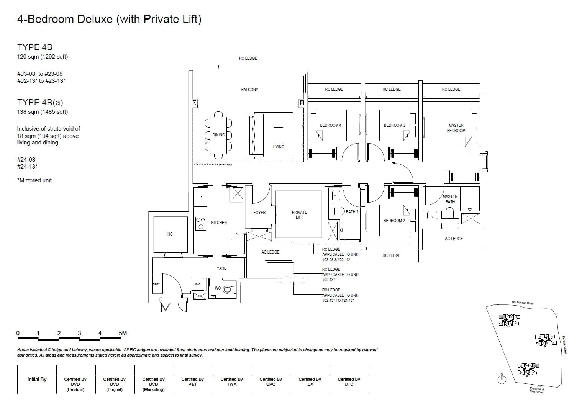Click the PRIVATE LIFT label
pyautogui.click(x=299, y=214)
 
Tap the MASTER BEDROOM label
pyautogui.click(x=456, y=128)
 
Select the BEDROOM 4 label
pyautogui.click(x=330, y=125)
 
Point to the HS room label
pyautogui.click(x=170, y=234)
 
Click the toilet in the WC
pyautogui.click(x=227, y=290)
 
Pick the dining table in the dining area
pyautogui.click(x=218, y=135)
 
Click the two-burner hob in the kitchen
pyautogui.click(x=200, y=224)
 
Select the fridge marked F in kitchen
pyautogui.click(x=201, y=197)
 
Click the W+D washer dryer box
pyautogui.click(x=198, y=284)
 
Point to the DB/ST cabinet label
pyautogui.click(x=156, y=284)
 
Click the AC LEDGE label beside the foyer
pyautogui.click(x=270, y=252)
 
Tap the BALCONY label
pyautogui.click(x=249, y=90)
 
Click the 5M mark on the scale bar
pyautogui.click(x=123, y=333)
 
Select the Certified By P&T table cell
pyautogui.click(x=192, y=381)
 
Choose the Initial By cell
pyautogui.click(x=37, y=379)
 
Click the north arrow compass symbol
pyautogui.click(x=502, y=379)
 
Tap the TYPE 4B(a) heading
pyautogui.click(x=40, y=102)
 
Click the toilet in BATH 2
pyautogui.click(x=339, y=211)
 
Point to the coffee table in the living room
pyautogui.click(x=278, y=135)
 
